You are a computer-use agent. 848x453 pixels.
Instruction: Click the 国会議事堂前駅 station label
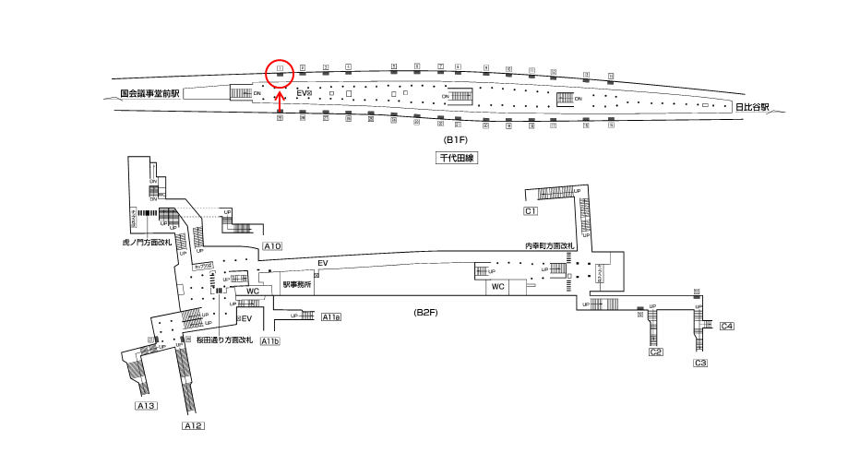[151, 93]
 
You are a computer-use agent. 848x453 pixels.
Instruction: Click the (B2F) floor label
[425, 313]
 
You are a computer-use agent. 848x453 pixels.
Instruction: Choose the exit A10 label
[272, 246]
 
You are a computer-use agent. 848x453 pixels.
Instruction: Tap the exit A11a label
[331, 317]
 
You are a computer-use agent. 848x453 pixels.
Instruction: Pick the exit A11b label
[270, 341]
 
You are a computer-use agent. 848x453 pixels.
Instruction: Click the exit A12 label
[193, 425]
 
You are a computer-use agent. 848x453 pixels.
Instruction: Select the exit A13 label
[147, 406]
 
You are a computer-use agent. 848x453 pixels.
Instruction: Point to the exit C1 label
[531, 211]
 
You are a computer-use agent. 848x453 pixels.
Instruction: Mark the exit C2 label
[656, 352]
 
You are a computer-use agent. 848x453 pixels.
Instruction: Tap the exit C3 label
[700, 364]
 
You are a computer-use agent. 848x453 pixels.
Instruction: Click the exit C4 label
[726, 326]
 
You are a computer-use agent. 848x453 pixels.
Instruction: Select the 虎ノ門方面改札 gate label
[148, 243]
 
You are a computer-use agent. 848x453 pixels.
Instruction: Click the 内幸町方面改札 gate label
[549, 246]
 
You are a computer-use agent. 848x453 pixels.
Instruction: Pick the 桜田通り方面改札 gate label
[222, 340]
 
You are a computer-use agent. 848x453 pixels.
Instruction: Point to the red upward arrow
[280, 95]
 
